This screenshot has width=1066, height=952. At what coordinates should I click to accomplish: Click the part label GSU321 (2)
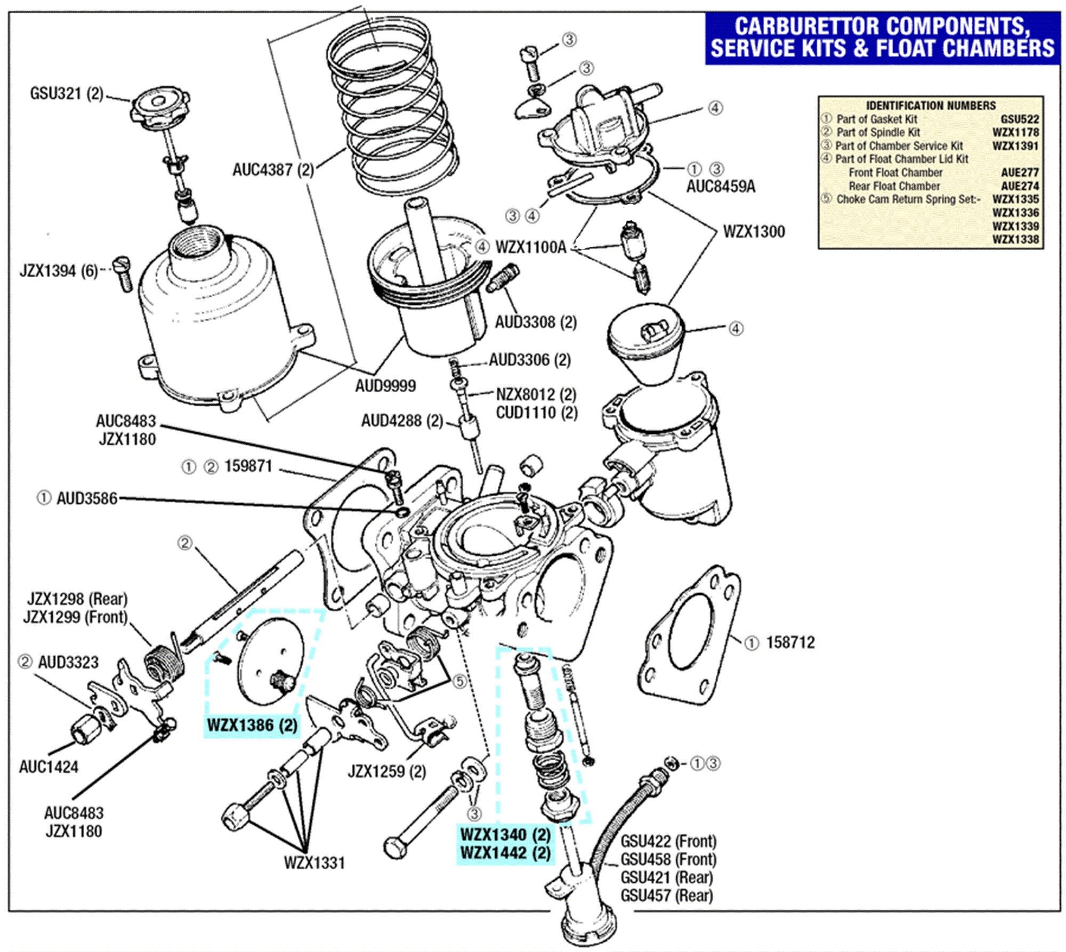point(66,94)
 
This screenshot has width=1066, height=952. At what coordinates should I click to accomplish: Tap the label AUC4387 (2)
point(273,170)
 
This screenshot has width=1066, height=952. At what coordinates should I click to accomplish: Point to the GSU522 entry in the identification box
point(1019,119)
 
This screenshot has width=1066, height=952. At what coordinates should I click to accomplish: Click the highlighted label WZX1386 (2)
point(252,725)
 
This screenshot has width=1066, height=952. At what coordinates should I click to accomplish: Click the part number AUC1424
point(49,767)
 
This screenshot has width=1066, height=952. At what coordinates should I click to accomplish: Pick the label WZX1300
point(754,232)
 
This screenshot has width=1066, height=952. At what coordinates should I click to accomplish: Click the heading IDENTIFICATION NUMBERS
point(930,106)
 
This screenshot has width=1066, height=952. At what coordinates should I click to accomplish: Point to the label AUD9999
point(385,385)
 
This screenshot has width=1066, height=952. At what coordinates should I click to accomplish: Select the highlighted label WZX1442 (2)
point(505,853)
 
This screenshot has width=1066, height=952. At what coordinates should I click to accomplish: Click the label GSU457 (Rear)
point(666,895)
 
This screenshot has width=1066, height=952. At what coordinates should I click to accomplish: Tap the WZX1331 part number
point(314,862)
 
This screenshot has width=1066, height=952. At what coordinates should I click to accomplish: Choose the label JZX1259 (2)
point(386,771)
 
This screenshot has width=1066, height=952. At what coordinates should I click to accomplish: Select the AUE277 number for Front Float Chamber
point(1020,173)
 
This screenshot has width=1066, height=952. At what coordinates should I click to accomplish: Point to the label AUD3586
point(86,498)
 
